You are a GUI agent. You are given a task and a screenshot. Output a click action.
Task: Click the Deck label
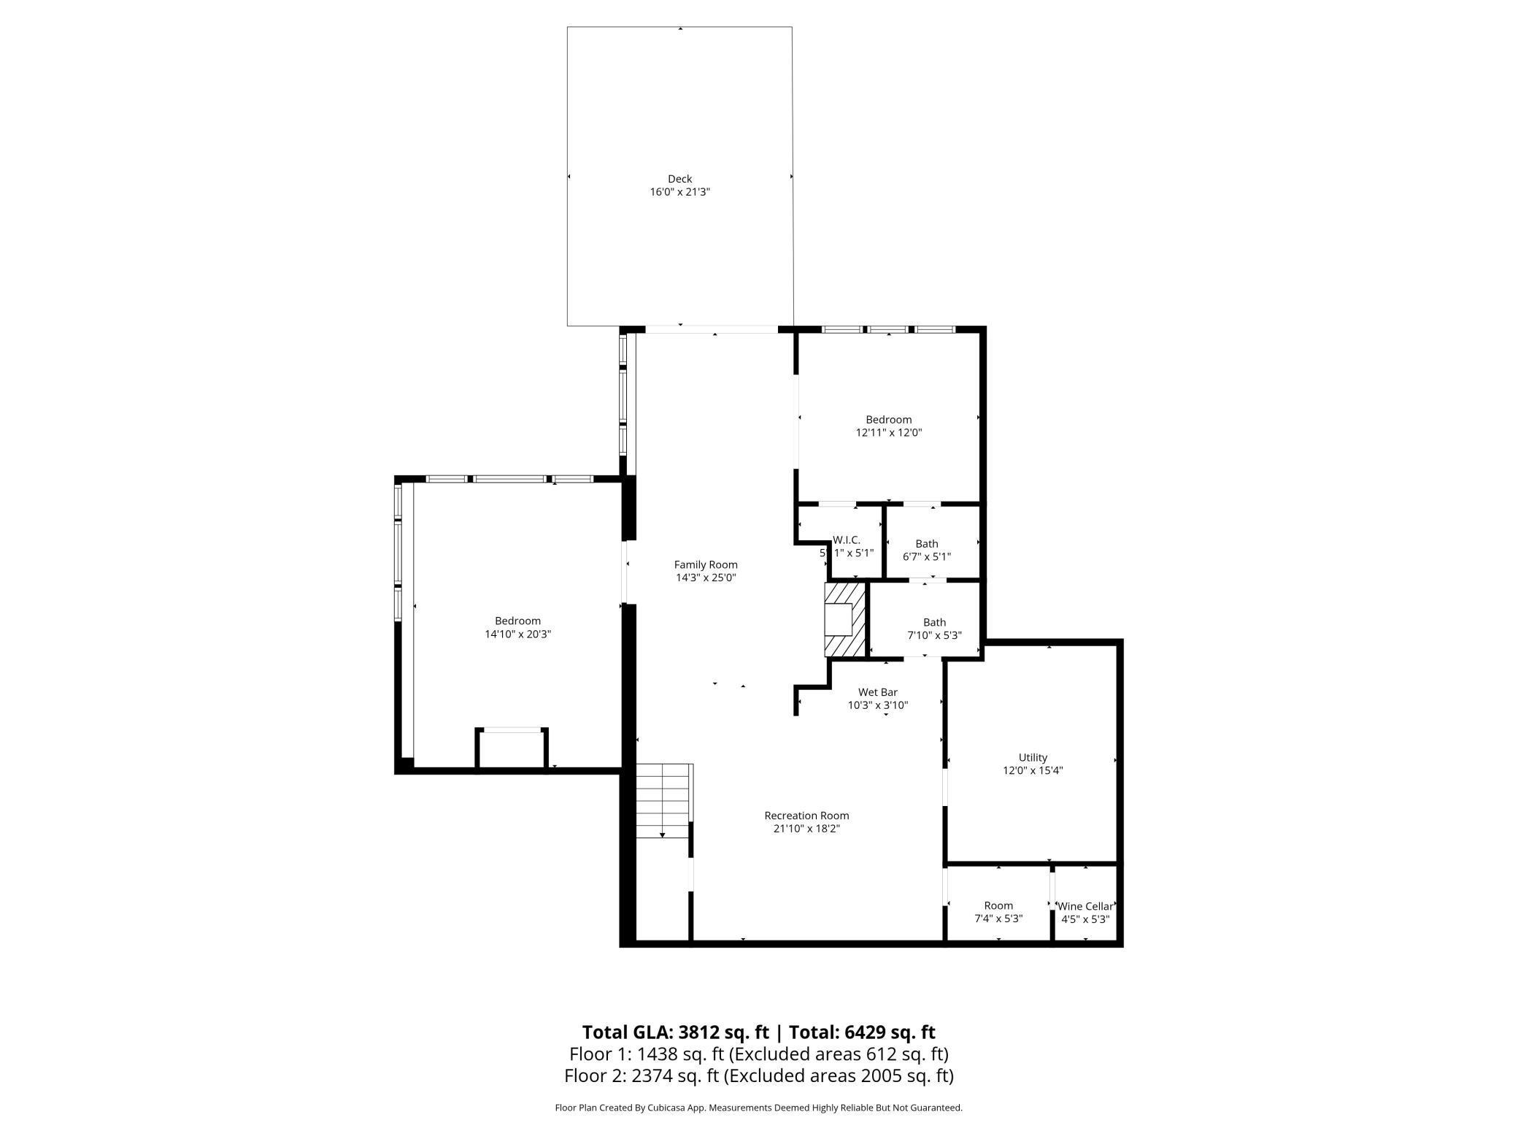coord(679,179)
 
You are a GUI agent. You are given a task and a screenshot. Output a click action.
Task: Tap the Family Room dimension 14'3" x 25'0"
coord(705,578)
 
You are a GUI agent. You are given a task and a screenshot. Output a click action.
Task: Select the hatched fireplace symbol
coord(844,620)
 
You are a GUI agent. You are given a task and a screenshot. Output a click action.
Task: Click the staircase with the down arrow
coord(663,801)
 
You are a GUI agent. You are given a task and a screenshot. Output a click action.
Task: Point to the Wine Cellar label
coord(1086,906)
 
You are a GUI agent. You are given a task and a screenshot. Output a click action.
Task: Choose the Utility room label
coord(1033,757)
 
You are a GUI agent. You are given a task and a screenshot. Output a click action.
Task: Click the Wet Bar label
coord(877,692)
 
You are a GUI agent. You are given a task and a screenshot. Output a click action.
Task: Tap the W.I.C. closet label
coord(847,540)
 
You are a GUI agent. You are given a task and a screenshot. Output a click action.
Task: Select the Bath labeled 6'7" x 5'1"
coord(927,550)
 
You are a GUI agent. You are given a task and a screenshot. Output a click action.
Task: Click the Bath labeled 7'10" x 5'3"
coord(934,629)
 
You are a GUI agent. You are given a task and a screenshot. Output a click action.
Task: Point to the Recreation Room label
coord(806,816)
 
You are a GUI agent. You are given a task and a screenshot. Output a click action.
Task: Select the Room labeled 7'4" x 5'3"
coord(998,912)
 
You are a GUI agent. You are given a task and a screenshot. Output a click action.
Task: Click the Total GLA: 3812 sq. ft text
coord(675,1032)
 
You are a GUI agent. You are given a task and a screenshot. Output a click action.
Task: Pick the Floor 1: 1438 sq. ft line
coord(758,1054)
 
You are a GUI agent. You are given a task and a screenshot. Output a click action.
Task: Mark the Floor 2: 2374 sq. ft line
coord(758,1075)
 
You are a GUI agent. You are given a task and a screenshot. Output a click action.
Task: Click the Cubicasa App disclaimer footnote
coord(758,1108)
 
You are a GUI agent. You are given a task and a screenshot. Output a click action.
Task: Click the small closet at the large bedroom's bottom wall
coord(512,749)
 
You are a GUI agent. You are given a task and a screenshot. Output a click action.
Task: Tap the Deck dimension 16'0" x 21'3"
coord(679,192)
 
